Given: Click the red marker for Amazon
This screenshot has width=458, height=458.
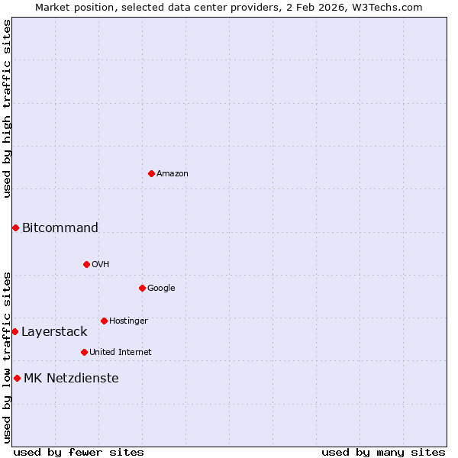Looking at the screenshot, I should [x=151, y=173].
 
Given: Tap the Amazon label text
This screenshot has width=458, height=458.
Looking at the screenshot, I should [x=173, y=174].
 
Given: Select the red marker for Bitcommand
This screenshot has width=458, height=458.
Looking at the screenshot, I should [x=15, y=227].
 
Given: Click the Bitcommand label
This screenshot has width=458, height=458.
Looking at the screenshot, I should [x=60, y=227].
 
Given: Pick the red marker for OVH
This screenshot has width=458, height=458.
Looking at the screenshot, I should [x=86, y=264].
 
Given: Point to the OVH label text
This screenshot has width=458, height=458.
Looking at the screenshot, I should [x=101, y=265].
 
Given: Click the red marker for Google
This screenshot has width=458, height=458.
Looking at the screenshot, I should [x=142, y=288].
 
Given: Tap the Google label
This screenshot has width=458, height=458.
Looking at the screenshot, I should [x=161, y=289].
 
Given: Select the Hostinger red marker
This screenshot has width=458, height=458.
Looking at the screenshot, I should [x=104, y=321].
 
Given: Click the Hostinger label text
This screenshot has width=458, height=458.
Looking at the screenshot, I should [x=128, y=321].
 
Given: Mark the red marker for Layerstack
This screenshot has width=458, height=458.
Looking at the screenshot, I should [x=15, y=331].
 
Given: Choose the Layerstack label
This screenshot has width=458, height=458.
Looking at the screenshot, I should [x=54, y=331].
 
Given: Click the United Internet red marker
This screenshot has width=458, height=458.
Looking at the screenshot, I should [x=84, y=352].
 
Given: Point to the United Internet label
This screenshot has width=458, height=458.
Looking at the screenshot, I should [x=120, y=353].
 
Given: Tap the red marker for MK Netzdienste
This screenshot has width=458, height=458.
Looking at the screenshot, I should [x=17, y=378].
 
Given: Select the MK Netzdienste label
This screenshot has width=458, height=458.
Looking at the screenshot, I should [x=71, y=378].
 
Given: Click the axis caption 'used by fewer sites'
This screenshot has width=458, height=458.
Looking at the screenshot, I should [x=79, y=452].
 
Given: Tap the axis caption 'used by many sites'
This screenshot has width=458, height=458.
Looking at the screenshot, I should [x=383, y=452].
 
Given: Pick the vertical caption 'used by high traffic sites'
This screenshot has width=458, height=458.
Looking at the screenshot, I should [x=7, y=108].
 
